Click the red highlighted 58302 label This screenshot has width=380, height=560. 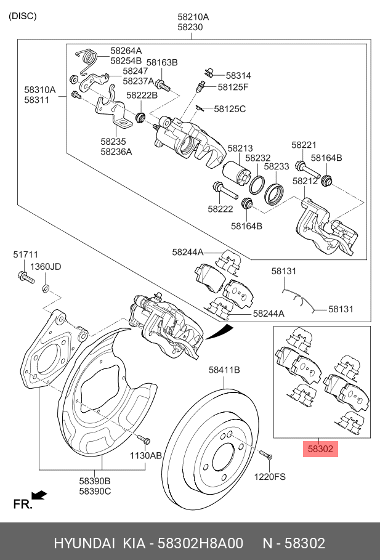[320, 449]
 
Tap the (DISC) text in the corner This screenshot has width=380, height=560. [23, 16]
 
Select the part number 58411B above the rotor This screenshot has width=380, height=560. [224, 370]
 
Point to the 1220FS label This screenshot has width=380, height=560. [270, 476]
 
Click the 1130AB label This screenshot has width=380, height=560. [145, 455]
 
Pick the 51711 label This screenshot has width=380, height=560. [26, 254]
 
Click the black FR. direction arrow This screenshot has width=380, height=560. [39, 495]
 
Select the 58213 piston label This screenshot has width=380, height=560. [240, 148]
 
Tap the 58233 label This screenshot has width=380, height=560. [277, 166]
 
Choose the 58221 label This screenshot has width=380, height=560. [304, 145]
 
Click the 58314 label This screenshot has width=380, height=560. [238, 75]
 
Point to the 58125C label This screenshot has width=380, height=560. [230, 109]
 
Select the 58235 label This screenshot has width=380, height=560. [113, 140]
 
